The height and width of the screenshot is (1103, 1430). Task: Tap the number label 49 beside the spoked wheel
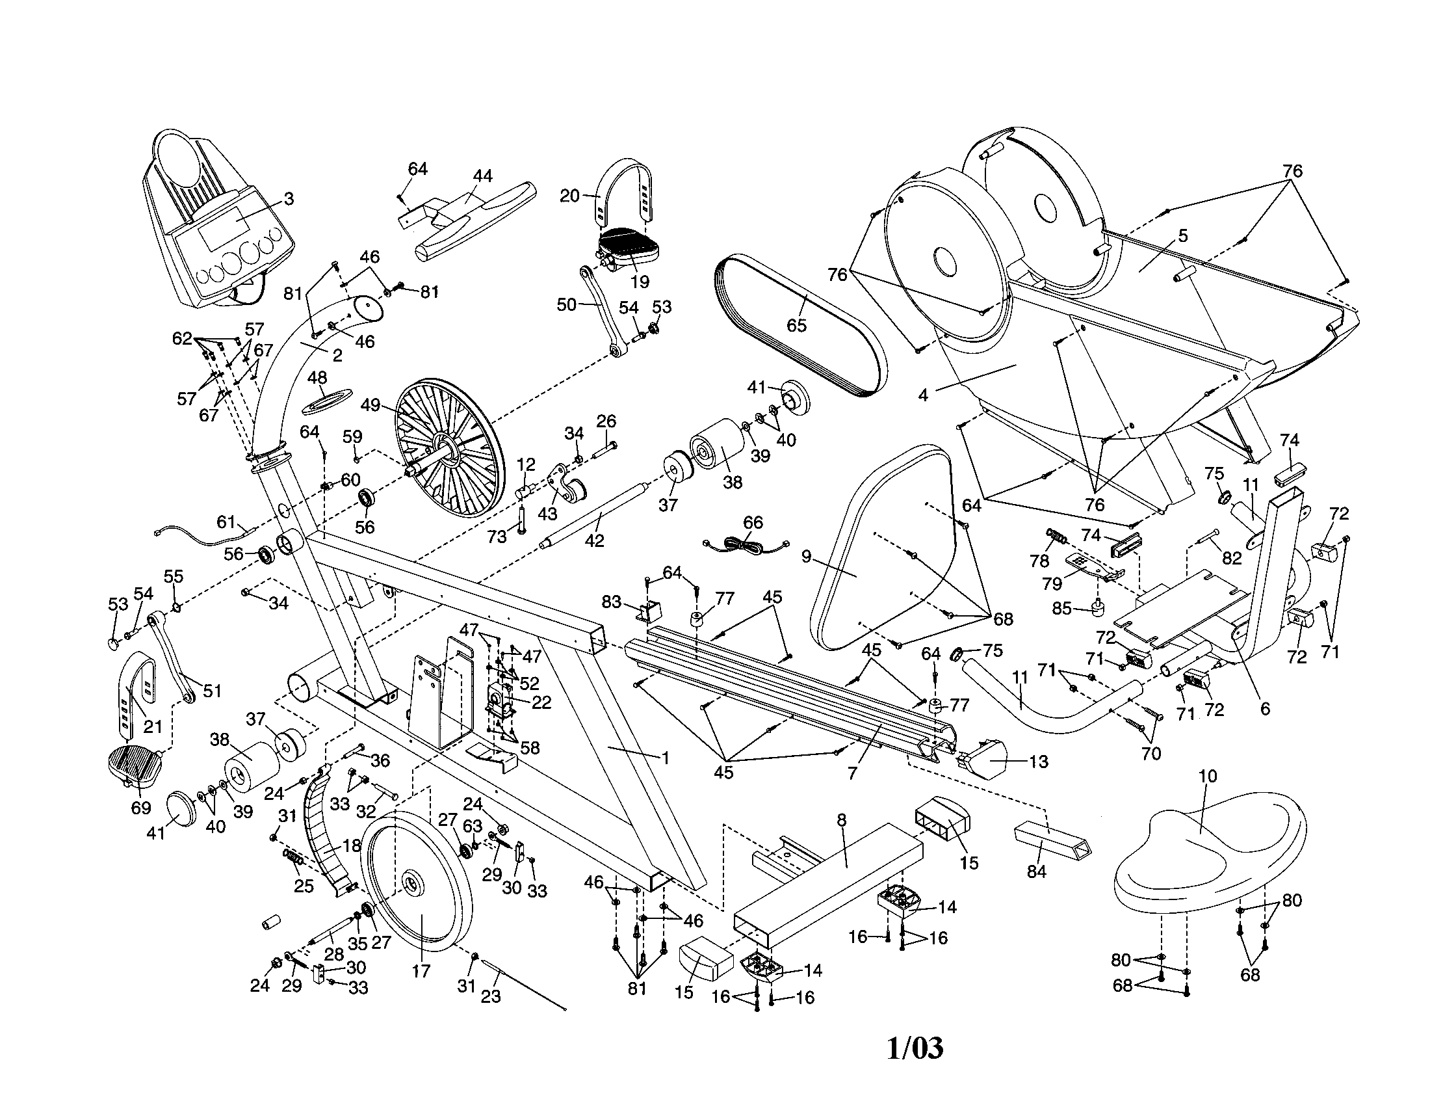point(370,405)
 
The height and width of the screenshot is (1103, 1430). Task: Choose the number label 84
point(1037,871)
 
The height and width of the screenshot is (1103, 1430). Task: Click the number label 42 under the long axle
point(594,541)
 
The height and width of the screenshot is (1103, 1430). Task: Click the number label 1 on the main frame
point(665,758)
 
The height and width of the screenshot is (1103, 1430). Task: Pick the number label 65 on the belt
point(796,325)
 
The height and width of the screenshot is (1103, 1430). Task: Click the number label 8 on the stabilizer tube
point(841,819)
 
